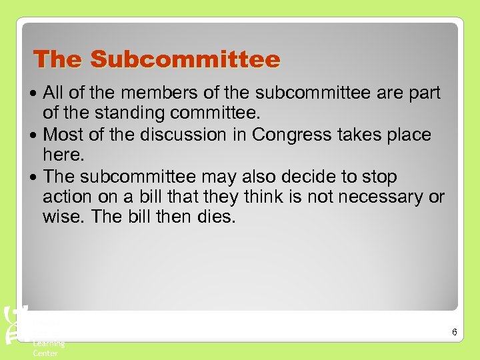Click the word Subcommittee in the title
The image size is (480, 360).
point(185,59)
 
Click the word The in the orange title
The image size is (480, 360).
point(59,59)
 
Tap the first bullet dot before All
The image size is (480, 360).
point(36,93)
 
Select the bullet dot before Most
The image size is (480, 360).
point(36,135)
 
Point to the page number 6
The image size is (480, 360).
point(453,331)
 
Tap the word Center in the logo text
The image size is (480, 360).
point(45,353)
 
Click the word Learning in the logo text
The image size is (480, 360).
point(49,343)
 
